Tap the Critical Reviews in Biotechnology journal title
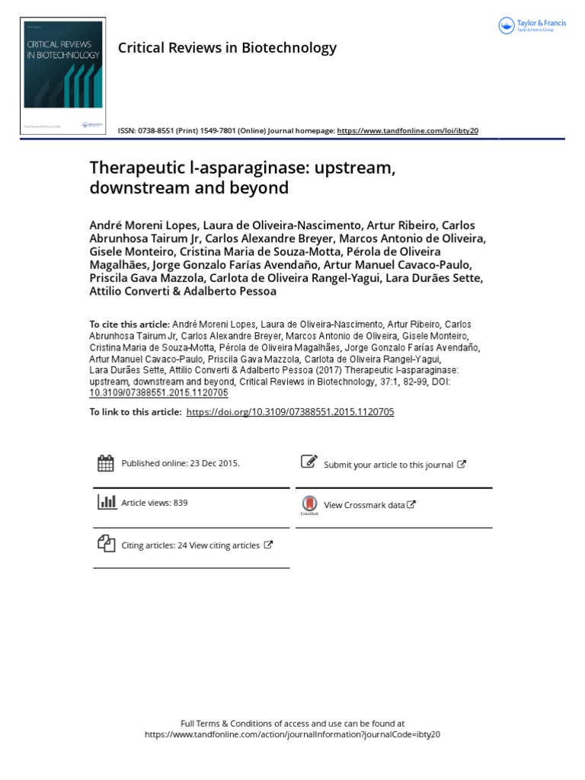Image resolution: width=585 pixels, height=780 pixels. coord(227,48)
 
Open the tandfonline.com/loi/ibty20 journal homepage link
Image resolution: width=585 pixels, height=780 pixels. coord(408,131)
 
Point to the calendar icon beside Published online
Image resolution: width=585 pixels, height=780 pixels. coord(106,462)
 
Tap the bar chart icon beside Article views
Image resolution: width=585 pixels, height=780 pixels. coord(106,502)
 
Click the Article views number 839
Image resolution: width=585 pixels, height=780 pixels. coord(180,503)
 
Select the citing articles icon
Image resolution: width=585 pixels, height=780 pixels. coord(106,544)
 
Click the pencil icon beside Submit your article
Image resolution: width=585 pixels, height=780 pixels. coord(308,462)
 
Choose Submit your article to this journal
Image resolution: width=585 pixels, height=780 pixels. coord(388,465)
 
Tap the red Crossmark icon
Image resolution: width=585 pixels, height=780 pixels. coord(308,503)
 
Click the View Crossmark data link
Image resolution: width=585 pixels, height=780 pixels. coord(365,505)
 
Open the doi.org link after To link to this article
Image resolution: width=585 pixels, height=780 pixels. coord(289,411)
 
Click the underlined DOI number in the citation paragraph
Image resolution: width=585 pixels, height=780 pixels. coord(158,393)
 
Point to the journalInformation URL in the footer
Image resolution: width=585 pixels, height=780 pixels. coord(292,734)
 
